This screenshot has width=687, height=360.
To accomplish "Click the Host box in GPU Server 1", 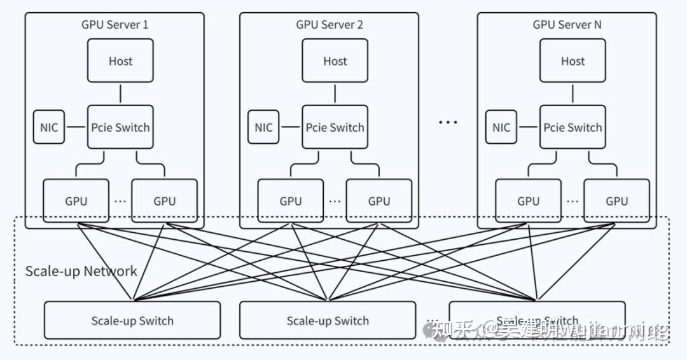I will click(x=120, y=61).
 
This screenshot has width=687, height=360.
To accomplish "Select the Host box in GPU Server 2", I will click(x=335, y=61).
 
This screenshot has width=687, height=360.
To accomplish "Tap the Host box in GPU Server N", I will click(x=572, y=61).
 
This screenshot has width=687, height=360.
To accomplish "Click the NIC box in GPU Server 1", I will click(x=49, y=127).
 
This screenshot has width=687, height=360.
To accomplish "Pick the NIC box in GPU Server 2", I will click(x=263, y=127).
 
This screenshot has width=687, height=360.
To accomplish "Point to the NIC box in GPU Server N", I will click(x=501, y=127).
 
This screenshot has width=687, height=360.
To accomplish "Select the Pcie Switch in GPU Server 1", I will click(x=120, y=127).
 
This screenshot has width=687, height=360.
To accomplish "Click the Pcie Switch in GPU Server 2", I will click(x=335, y=127).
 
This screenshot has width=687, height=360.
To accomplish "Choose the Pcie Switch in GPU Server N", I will click(x=572, y=127).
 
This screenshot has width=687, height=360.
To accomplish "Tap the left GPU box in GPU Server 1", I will click(x=76, y=201).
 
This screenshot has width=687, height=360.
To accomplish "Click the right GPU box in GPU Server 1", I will click(x=164, y=201).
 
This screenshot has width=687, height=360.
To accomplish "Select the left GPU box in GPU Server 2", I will click(x=291, y=201).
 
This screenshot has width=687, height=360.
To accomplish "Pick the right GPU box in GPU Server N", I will click(x=616, y=201).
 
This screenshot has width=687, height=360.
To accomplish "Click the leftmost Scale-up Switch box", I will click(x=132, y=321).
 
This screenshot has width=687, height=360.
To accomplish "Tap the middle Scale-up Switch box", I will click(x=328, y=321).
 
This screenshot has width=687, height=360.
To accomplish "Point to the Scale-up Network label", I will click(x=81, y=272).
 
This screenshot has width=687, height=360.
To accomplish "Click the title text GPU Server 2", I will click(x=330, y=25).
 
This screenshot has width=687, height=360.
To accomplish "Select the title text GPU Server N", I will click(x=567, y=25).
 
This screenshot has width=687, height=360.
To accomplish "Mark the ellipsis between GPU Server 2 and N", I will click(x=448, y=121).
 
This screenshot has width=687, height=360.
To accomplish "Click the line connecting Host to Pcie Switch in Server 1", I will click(x=120, y=93).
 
